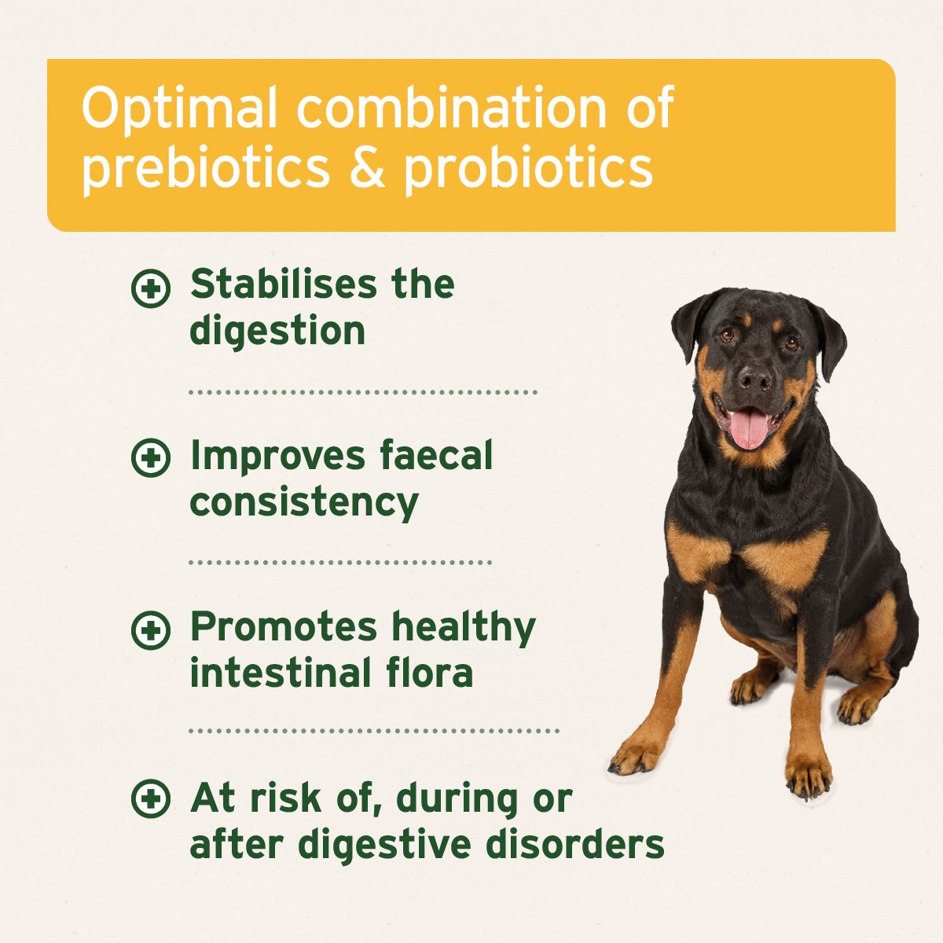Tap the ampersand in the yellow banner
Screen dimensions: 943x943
pyautogui.click(x=366, y=167)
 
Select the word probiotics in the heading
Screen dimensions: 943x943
pyautogui.click(x=528, y=167)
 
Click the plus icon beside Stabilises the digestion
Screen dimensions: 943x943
pyautogui.click(x=150, y=288)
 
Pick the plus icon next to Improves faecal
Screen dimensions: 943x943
pyautogui.click(x=150, y=459)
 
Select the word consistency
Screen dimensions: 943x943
pyautogui.click(x=304, y=503)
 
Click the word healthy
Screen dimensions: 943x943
pyautogui.click(x=464, y=626)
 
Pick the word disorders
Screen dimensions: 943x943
pyautogui.click(x=575, y=844)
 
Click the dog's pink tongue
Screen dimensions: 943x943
pyautogui.click(x=748, y=428)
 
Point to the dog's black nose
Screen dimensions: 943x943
pyautogui.click(x=755, y=379)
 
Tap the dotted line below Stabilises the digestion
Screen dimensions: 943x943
pyautogui.click(x=363, y=391)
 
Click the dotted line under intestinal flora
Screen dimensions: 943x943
pyautogui.click(x=374, y=731)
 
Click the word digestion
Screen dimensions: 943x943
pyautogui.click(x=277, y=332)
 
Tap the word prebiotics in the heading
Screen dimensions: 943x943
pyautogui.click(x=206, y=167)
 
